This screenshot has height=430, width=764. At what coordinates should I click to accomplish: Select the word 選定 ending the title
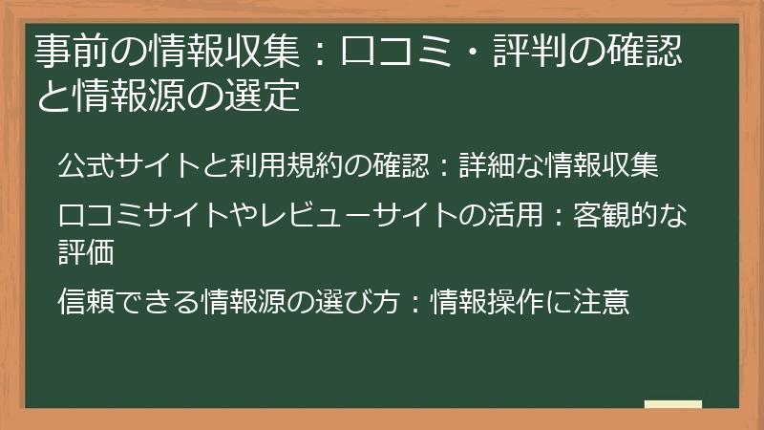point(268,97)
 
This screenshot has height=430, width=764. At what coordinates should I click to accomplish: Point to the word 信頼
point(92,302)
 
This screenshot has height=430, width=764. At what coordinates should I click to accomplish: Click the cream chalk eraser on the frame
point(672,404)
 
